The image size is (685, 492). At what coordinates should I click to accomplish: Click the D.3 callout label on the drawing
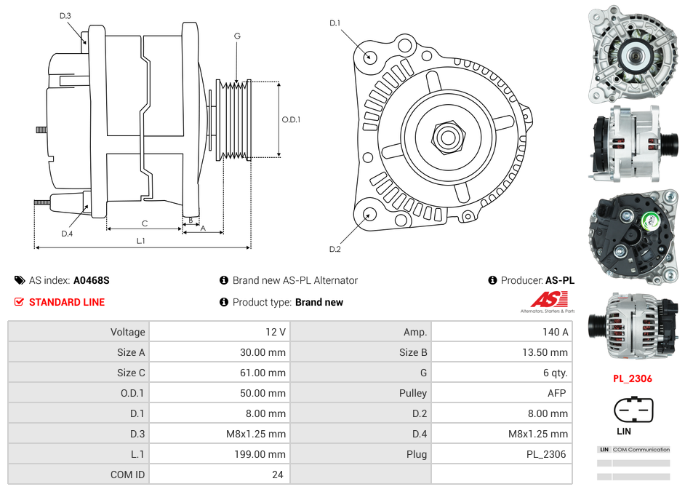(65, 15)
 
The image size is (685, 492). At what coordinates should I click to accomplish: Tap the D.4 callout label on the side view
(67, 234)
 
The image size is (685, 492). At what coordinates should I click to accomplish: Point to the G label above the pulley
(237, 36)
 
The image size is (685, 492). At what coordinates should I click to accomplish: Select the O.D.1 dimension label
(292, 119)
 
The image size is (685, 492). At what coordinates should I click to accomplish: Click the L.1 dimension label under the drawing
(141, 241)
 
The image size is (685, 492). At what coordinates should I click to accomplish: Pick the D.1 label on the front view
(335, 23)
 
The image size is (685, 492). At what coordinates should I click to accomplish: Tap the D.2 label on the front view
(335, 250)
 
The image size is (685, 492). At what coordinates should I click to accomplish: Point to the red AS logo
(548, 299)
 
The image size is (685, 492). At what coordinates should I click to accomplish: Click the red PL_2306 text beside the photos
(632, 378)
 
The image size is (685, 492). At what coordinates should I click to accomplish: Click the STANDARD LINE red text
(67, 302)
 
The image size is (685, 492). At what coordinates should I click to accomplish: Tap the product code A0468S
(92, 280)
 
